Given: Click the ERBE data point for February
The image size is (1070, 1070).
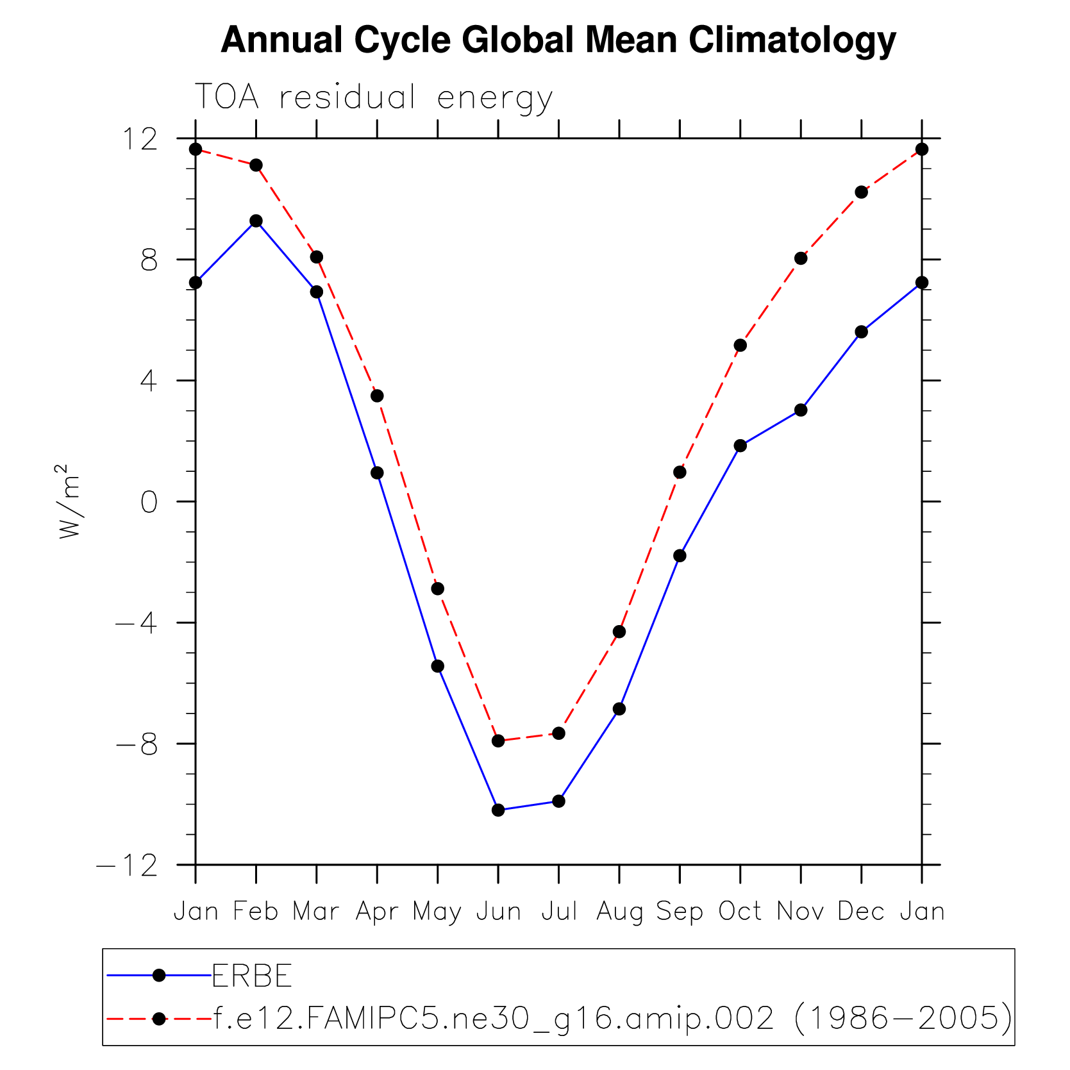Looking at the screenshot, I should click(256, 221).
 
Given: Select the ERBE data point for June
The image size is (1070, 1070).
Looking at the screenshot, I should click(498, 810).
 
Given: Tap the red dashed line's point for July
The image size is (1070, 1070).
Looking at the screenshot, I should click(558, 733).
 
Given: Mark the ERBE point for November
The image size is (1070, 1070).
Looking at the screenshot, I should click(801, 410).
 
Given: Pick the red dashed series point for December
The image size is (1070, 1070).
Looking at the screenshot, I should click(861, 192).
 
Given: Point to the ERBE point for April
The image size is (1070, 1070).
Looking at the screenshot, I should click(377, 472).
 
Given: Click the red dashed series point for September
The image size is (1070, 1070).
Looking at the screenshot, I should click(680, 472).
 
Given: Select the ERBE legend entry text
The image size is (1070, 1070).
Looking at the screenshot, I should click(252, 976).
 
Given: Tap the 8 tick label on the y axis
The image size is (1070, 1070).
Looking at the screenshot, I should click(149, 260).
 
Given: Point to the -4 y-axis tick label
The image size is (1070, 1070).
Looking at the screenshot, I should click(136, 623).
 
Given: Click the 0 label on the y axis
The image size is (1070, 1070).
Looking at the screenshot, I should click(149, 503).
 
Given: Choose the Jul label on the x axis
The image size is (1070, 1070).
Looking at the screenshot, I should click(559, 911).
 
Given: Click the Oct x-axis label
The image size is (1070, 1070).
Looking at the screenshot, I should click(740, 911).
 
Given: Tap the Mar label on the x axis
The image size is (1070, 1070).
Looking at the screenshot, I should click(316, 911).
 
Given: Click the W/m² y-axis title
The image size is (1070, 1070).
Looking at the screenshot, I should click(69, 501).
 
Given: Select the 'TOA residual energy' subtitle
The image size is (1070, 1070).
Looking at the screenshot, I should click(373, 97).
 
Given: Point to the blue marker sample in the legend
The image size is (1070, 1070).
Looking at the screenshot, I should click(159, 976).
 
